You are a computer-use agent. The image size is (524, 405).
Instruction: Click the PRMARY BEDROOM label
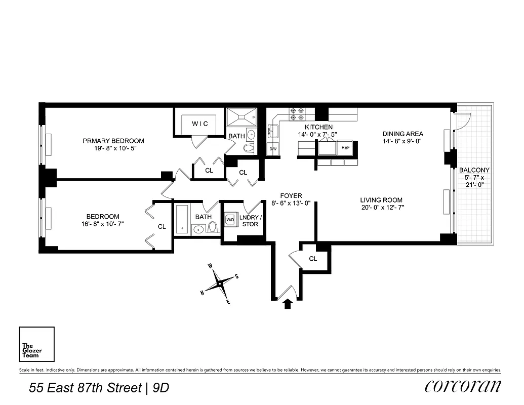point(113,141)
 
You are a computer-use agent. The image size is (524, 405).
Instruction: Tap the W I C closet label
point(199,124)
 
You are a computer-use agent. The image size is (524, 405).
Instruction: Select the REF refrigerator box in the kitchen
point(345,148)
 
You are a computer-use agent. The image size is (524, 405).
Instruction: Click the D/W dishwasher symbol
point(272,149)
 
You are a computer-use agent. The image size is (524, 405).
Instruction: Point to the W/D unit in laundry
point(230,220)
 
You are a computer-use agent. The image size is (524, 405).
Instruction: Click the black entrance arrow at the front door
point(288,304)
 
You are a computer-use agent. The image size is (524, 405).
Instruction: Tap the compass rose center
point(219,283)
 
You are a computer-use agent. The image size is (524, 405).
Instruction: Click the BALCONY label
point(474,170)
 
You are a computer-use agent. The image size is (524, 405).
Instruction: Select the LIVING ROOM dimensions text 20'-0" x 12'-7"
point(382,207)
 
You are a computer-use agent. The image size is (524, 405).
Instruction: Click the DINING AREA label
point(402,134)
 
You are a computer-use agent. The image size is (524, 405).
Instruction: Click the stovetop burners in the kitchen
point(296,114)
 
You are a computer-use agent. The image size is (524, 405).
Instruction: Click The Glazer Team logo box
point(36,344)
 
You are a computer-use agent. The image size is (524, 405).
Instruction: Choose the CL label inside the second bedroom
point(162,227)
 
